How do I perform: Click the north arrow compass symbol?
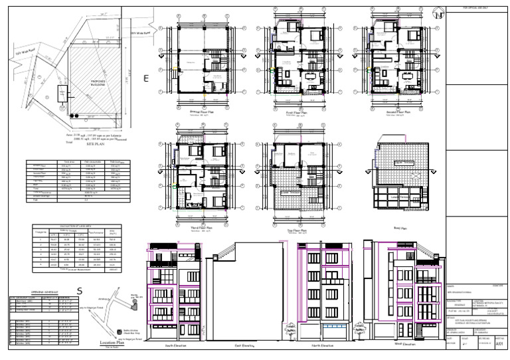click(x=436, y=11)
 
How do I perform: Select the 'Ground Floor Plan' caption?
click(x=204, y=112)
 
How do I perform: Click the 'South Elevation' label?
click(x=177, y=346)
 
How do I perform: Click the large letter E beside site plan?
click(x=147, y=78)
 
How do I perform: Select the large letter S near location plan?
click(x=80, y=290)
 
